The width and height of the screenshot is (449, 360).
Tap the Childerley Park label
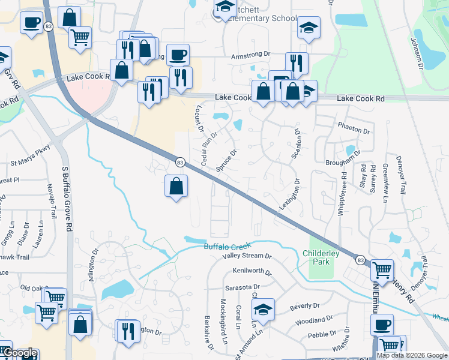(321, 257)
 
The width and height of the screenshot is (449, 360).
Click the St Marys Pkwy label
(31, 162)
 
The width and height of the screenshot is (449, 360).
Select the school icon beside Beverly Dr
(263, 310)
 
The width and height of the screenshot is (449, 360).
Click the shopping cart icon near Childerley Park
(382, 271)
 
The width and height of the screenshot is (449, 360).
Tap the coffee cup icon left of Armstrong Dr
(177, 56)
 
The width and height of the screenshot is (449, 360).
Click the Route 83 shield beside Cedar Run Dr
(179, 162)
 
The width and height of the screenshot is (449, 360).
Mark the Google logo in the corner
(19, 353)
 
